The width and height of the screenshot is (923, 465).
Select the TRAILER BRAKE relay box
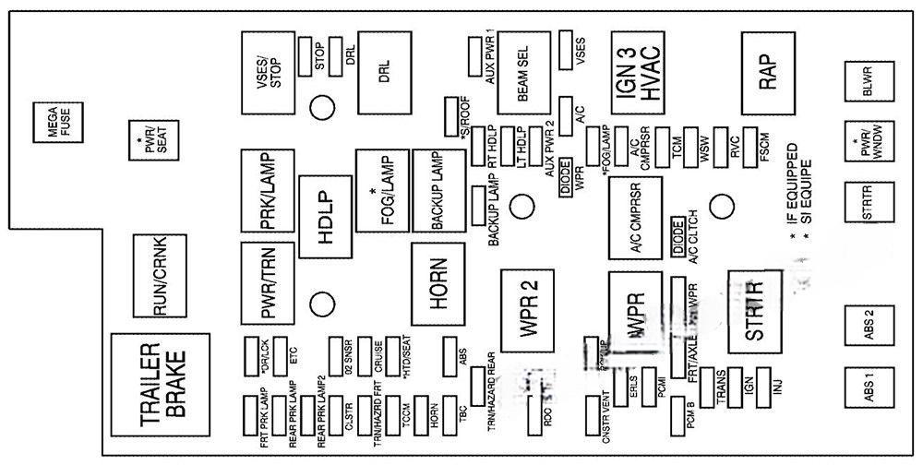(162, 384)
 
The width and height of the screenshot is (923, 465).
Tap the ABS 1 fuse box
(867, 389)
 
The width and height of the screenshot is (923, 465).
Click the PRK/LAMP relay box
(266, 191)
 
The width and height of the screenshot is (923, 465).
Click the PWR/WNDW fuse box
(867, 148)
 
